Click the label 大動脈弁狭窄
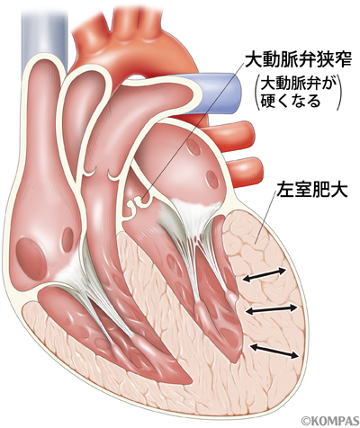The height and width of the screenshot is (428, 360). click(298, 60)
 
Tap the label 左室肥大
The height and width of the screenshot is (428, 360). click(312, 190)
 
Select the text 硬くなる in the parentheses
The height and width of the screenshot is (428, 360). click(291, 101)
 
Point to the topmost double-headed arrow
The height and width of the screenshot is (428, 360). click(265, 275)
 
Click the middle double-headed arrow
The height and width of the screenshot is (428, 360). click(272, 309)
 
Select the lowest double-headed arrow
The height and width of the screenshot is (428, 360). click(274, 351)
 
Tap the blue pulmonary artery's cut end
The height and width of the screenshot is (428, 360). click(232, 94)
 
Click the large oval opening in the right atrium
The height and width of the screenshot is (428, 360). click(31, 259)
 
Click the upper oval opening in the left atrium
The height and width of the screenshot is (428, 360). click(193, 147)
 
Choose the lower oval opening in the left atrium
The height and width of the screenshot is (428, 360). click(212, 179)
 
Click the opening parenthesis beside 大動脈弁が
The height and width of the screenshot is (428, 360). click(257, 94)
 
